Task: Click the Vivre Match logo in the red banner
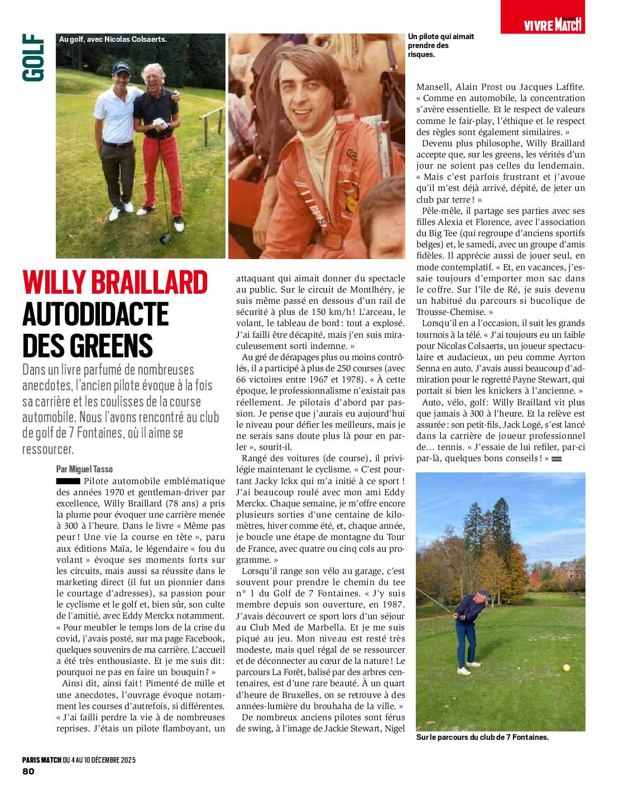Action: [x=553, y=24]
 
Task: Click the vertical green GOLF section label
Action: [x=33, y=58]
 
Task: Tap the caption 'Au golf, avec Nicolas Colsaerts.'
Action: [x=113, y=39]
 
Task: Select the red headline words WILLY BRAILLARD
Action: [x=115, y=283]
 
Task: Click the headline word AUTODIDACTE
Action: [x=95, y=314]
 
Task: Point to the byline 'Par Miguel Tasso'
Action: [x=84, y=469]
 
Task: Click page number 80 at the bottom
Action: [x=28, y=771]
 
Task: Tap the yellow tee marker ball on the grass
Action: [x=567, y=668]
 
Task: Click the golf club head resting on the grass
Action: [x=165, y=237]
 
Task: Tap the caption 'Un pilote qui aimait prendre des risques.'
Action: [x=440, y=45]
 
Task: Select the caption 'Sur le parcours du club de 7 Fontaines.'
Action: [x=482, y=737]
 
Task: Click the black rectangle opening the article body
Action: [x=68, y=481]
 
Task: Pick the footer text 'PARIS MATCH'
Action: [x=42, y=759]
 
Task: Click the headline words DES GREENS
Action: [x=88, y=346]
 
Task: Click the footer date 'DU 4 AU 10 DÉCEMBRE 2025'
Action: [x=99, y=759]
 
